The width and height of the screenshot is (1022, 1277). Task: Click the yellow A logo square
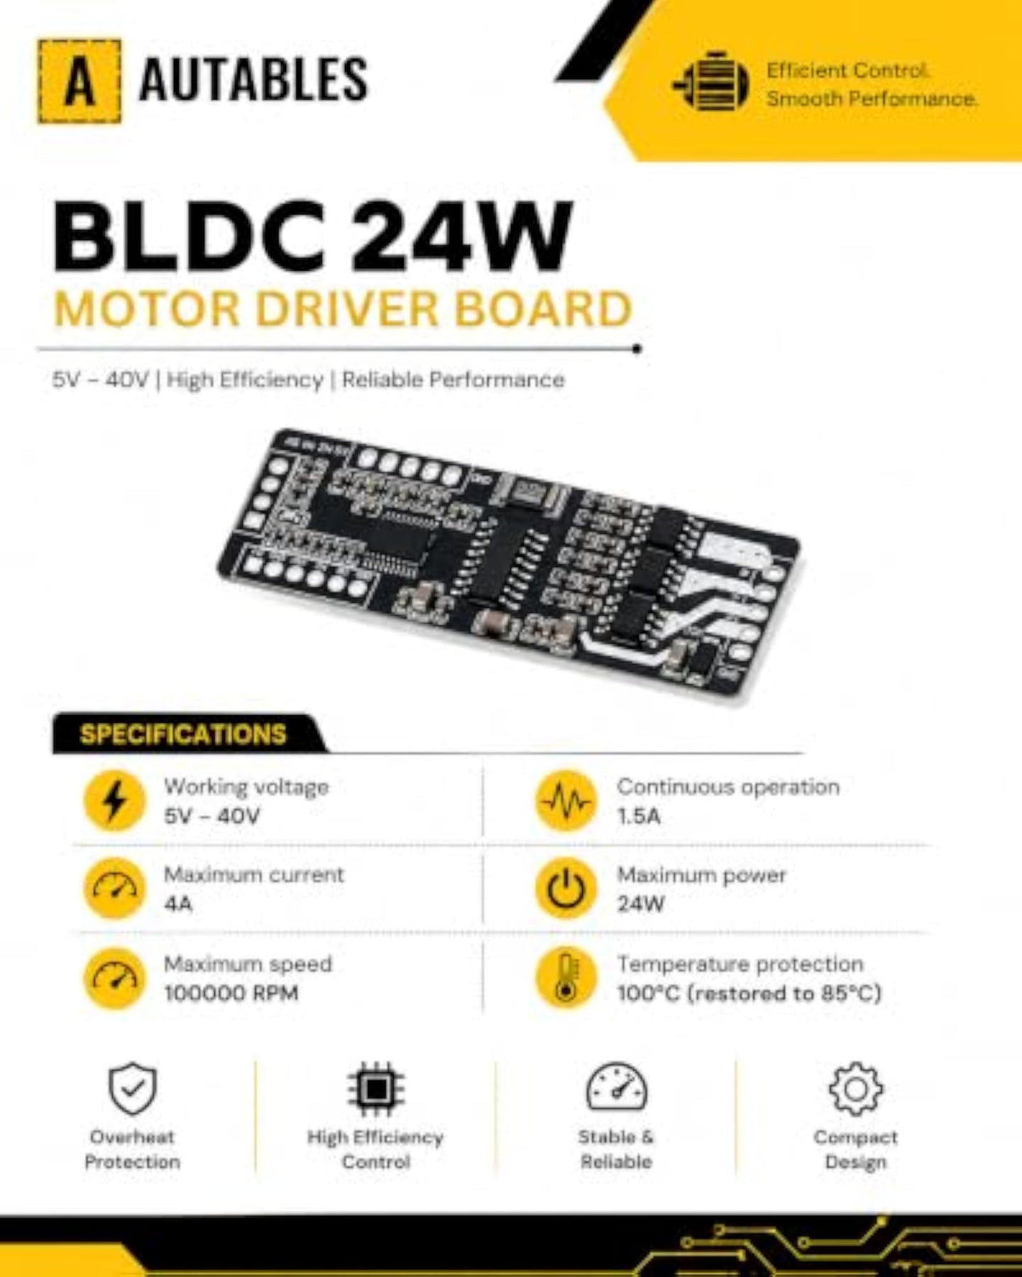click(x=79, y=82)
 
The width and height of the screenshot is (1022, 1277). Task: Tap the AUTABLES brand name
click(x=254, y=80)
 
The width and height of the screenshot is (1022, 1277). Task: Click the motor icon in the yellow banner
click(x=712, y=82)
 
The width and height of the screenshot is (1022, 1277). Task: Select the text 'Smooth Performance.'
click(x=872, y=99)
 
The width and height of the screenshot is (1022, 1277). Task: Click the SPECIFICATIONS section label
click(x=183, y=734)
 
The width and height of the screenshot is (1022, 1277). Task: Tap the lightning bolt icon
click(x=114, y=801)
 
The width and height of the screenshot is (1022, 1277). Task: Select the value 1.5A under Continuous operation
click(x=639, y=817)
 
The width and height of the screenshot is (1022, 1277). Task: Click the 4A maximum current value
click(x=178, y=905)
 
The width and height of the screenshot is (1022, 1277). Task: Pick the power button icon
click(x=566, y=889)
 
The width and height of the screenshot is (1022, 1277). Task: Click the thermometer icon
click(x=566, y=978)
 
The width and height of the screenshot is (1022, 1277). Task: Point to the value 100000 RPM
click(x=231, y=993)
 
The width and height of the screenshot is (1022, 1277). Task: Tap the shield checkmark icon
click(x=132, y=1088)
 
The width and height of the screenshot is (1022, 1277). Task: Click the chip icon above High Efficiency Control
click(x=375, y=1088)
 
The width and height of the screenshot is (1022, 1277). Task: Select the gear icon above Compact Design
click(x=855, y=1088)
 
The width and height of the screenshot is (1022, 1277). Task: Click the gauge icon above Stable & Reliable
click(x=616, y=1087)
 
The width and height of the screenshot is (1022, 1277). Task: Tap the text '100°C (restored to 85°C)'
click(x=749, y=993)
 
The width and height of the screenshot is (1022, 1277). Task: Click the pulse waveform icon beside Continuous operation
click(x=566, y=801)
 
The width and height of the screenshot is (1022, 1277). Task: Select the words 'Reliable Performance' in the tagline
click(x=453, y=380)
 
